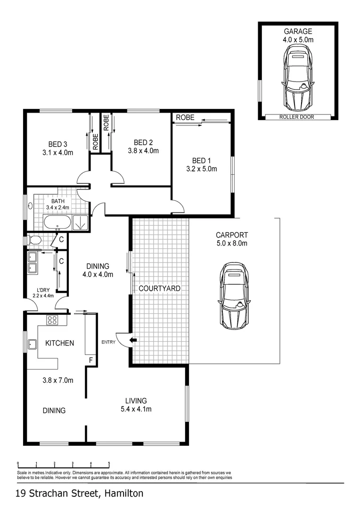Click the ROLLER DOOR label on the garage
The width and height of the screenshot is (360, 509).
click(296, 117)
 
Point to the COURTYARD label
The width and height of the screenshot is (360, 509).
click(159, 288)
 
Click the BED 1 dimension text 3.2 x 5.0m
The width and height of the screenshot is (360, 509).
click(201, 169)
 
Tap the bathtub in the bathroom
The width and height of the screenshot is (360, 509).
click(57, 222)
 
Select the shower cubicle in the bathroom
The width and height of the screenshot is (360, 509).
click(81, 222)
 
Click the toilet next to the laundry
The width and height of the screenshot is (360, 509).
click(34, 240)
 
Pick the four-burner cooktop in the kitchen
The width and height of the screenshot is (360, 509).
click(51, 320)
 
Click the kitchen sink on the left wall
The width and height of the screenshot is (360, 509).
click(33, 344)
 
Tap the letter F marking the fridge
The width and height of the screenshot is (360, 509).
click(91, 361)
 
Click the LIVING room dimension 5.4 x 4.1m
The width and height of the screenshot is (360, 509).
click(136, 409)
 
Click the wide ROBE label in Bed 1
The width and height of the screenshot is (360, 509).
click(185, 118)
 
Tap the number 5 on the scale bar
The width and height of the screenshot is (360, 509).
click(109, 463)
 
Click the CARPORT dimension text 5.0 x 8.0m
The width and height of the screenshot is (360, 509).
click(231, 244)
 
